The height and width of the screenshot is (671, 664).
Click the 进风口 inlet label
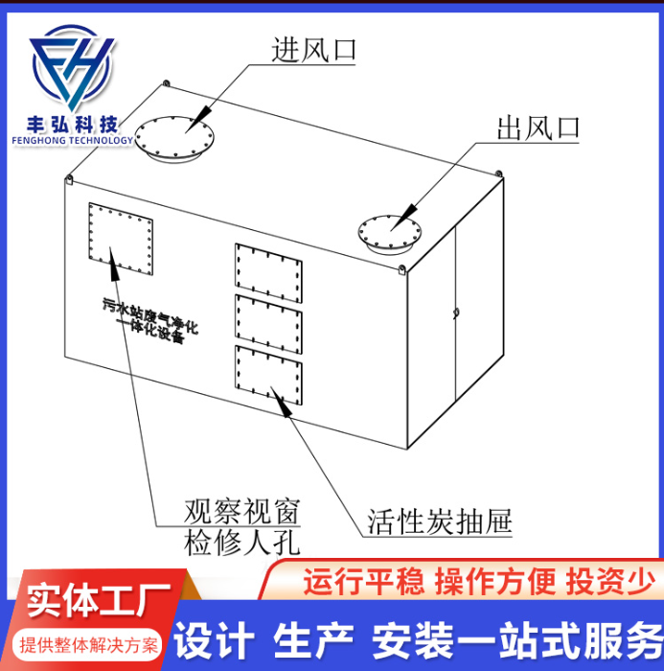coord(313,50)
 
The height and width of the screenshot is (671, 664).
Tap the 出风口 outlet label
coord(538,127)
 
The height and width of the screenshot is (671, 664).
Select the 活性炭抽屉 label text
coord(440,521)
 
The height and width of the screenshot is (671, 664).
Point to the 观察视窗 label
coord(241,511)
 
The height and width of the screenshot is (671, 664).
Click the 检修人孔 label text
coord(241,543)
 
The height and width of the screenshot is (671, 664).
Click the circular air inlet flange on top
coord(174,138)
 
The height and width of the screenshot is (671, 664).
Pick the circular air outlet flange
coord(389,234)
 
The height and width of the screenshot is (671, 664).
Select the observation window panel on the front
coord(121,239)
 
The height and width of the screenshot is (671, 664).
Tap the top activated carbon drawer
coord(268,273)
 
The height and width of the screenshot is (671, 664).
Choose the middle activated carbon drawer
coord(268,324)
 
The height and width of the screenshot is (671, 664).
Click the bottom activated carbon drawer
coord(268,376)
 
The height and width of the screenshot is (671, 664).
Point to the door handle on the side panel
coord(456,312)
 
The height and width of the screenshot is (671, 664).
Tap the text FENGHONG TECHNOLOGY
coord(73,140)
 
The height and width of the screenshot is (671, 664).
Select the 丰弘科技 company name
coord(72,125)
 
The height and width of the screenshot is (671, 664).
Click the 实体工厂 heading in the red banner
coord(100,599)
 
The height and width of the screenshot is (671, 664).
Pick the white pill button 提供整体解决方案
coord(88,645)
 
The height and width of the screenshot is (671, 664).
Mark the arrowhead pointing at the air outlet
coord(404,217)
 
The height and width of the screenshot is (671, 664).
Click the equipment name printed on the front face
coord(149,320)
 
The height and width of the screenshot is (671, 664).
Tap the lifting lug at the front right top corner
coord(401,269)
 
